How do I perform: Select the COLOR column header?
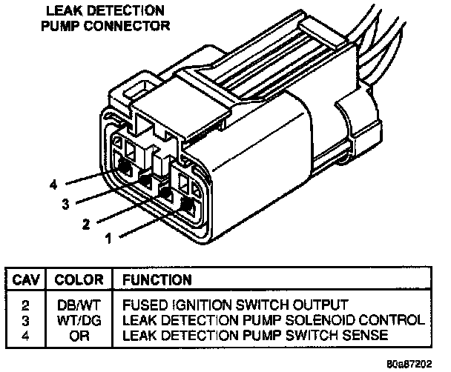tap(78, 280)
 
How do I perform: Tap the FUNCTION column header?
tap(157, 280)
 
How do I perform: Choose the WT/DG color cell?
tap(79, 320)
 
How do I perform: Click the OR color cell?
tap(79, 335)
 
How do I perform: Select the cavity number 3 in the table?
tap(25, 320)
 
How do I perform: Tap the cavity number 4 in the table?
tap(25, 335)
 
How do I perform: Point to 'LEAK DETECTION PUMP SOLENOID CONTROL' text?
tap(273, 320)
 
